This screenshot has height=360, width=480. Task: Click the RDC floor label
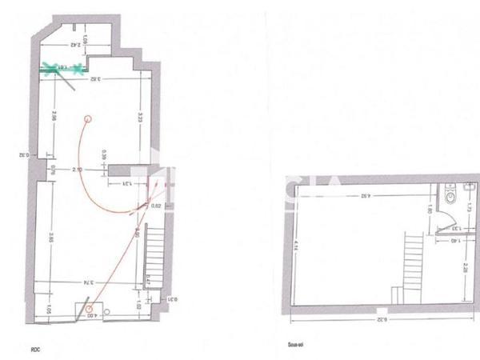click(36, 347)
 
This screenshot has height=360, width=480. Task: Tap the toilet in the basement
click(450, 194)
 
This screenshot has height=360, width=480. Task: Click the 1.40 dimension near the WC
click(453, 239)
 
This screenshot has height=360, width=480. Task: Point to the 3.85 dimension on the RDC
click(50, 238)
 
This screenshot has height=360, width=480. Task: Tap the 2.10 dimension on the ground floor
click(77, 170)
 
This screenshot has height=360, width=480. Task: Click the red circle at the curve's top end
click(88, 118)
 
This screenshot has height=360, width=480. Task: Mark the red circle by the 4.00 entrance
click(90, 307)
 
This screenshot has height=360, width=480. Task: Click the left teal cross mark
click(50, 68)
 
